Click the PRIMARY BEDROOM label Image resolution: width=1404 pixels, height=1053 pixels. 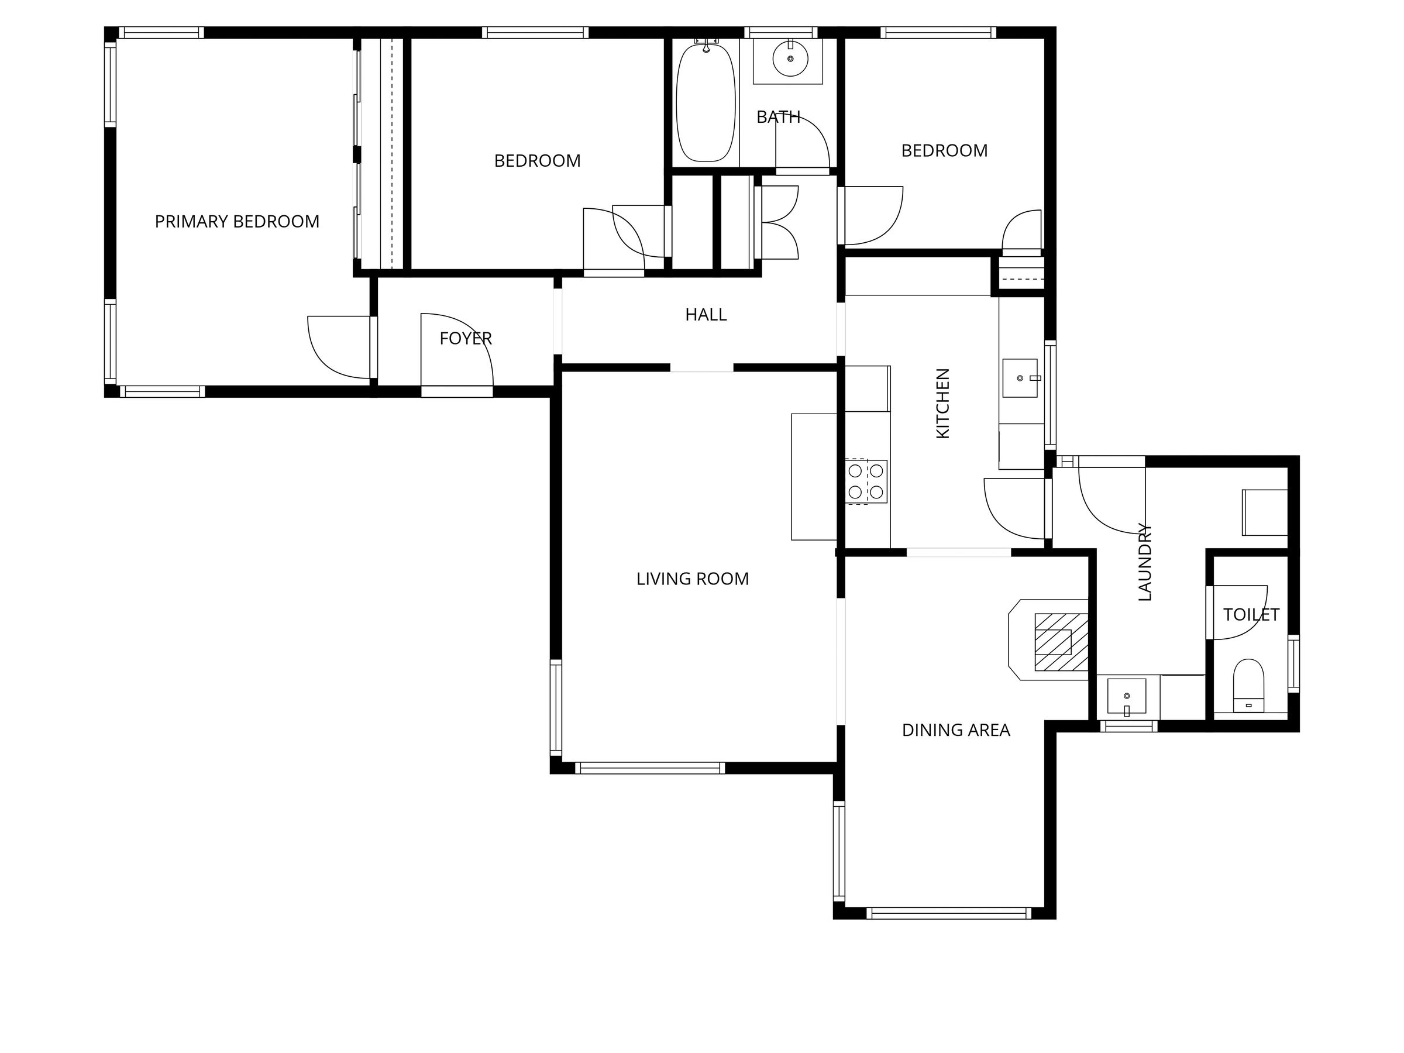[x=237, y=222]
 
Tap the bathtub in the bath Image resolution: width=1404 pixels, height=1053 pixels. [x=706, y=102]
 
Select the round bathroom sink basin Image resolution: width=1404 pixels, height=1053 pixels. [x=790, y=59]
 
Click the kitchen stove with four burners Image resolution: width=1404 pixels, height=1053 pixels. [x=866, y=482]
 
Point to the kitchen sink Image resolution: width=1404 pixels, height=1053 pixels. [x=1020, y=378]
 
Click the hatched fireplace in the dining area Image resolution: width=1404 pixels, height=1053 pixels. [x=1061, y=642]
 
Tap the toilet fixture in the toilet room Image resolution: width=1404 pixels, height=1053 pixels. [x=1248, y=686]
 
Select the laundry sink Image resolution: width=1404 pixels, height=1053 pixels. [x=1127, y=696]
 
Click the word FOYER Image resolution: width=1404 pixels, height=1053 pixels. [x=466, y=339]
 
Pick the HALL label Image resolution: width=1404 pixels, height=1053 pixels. [x=706, y=315]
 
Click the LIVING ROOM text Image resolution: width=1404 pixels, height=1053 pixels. [x=693, y=579]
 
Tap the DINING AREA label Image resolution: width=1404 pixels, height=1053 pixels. [x=956, y=731]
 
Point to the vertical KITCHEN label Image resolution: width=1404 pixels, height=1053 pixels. [x=943, y=403]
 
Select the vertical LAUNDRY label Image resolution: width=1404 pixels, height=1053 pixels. [x=1144, y=562]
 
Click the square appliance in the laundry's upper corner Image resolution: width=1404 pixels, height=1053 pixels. [x=1264, y=512]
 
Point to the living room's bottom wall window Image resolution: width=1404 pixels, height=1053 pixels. [x=649, y=768]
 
